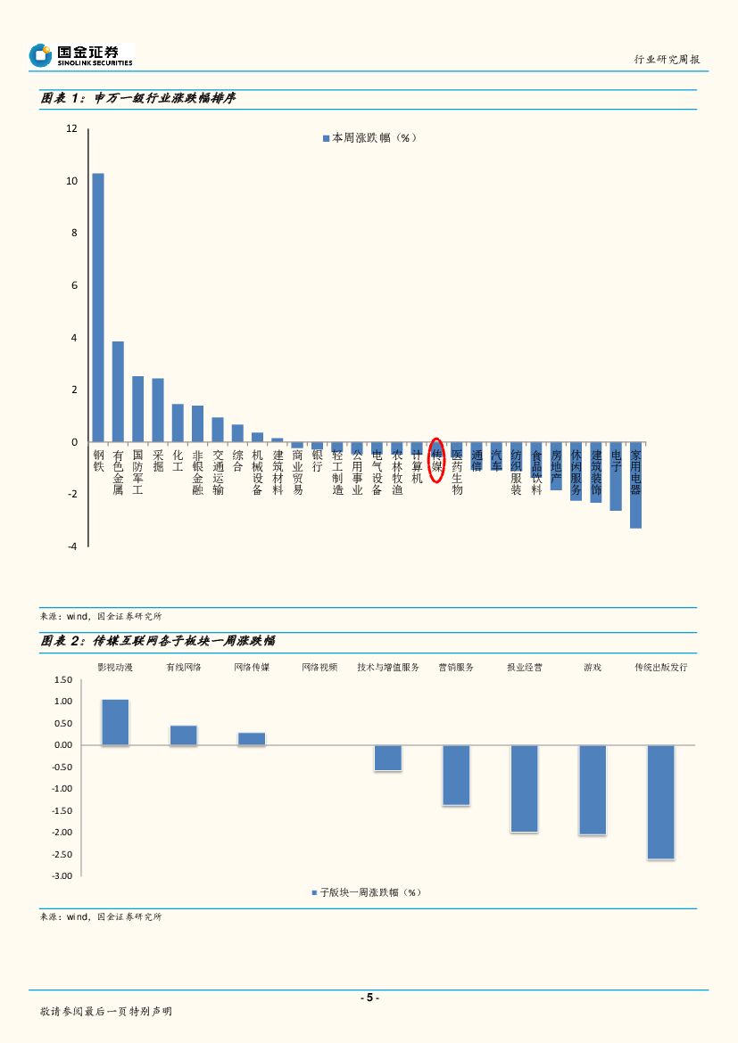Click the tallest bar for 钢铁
click(x=98, y=308)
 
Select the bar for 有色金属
click(x=118, y=391)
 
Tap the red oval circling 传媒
click(x=436, y=460)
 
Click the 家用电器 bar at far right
click(x=635, y=485)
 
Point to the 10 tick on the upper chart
click(x=72, y=181)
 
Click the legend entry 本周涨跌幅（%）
click(x=369, y=138)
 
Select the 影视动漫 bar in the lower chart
click(x=115, y=722)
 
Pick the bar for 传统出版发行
click(x=661, y=801)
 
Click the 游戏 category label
click(x=593, y=667)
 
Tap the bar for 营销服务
click(x=456, y=775)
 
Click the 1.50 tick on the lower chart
click(x=62, y=679)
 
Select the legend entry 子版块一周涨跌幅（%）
click(x=366, y=892)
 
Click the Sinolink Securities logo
click(x=80, y=55)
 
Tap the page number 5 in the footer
click(x=369, y=998)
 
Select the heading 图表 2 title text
click(x=157, y=641)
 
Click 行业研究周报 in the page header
click(x=666, y=59)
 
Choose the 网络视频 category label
click(x=319, y=667)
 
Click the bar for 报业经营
click(x=525, y=788)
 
